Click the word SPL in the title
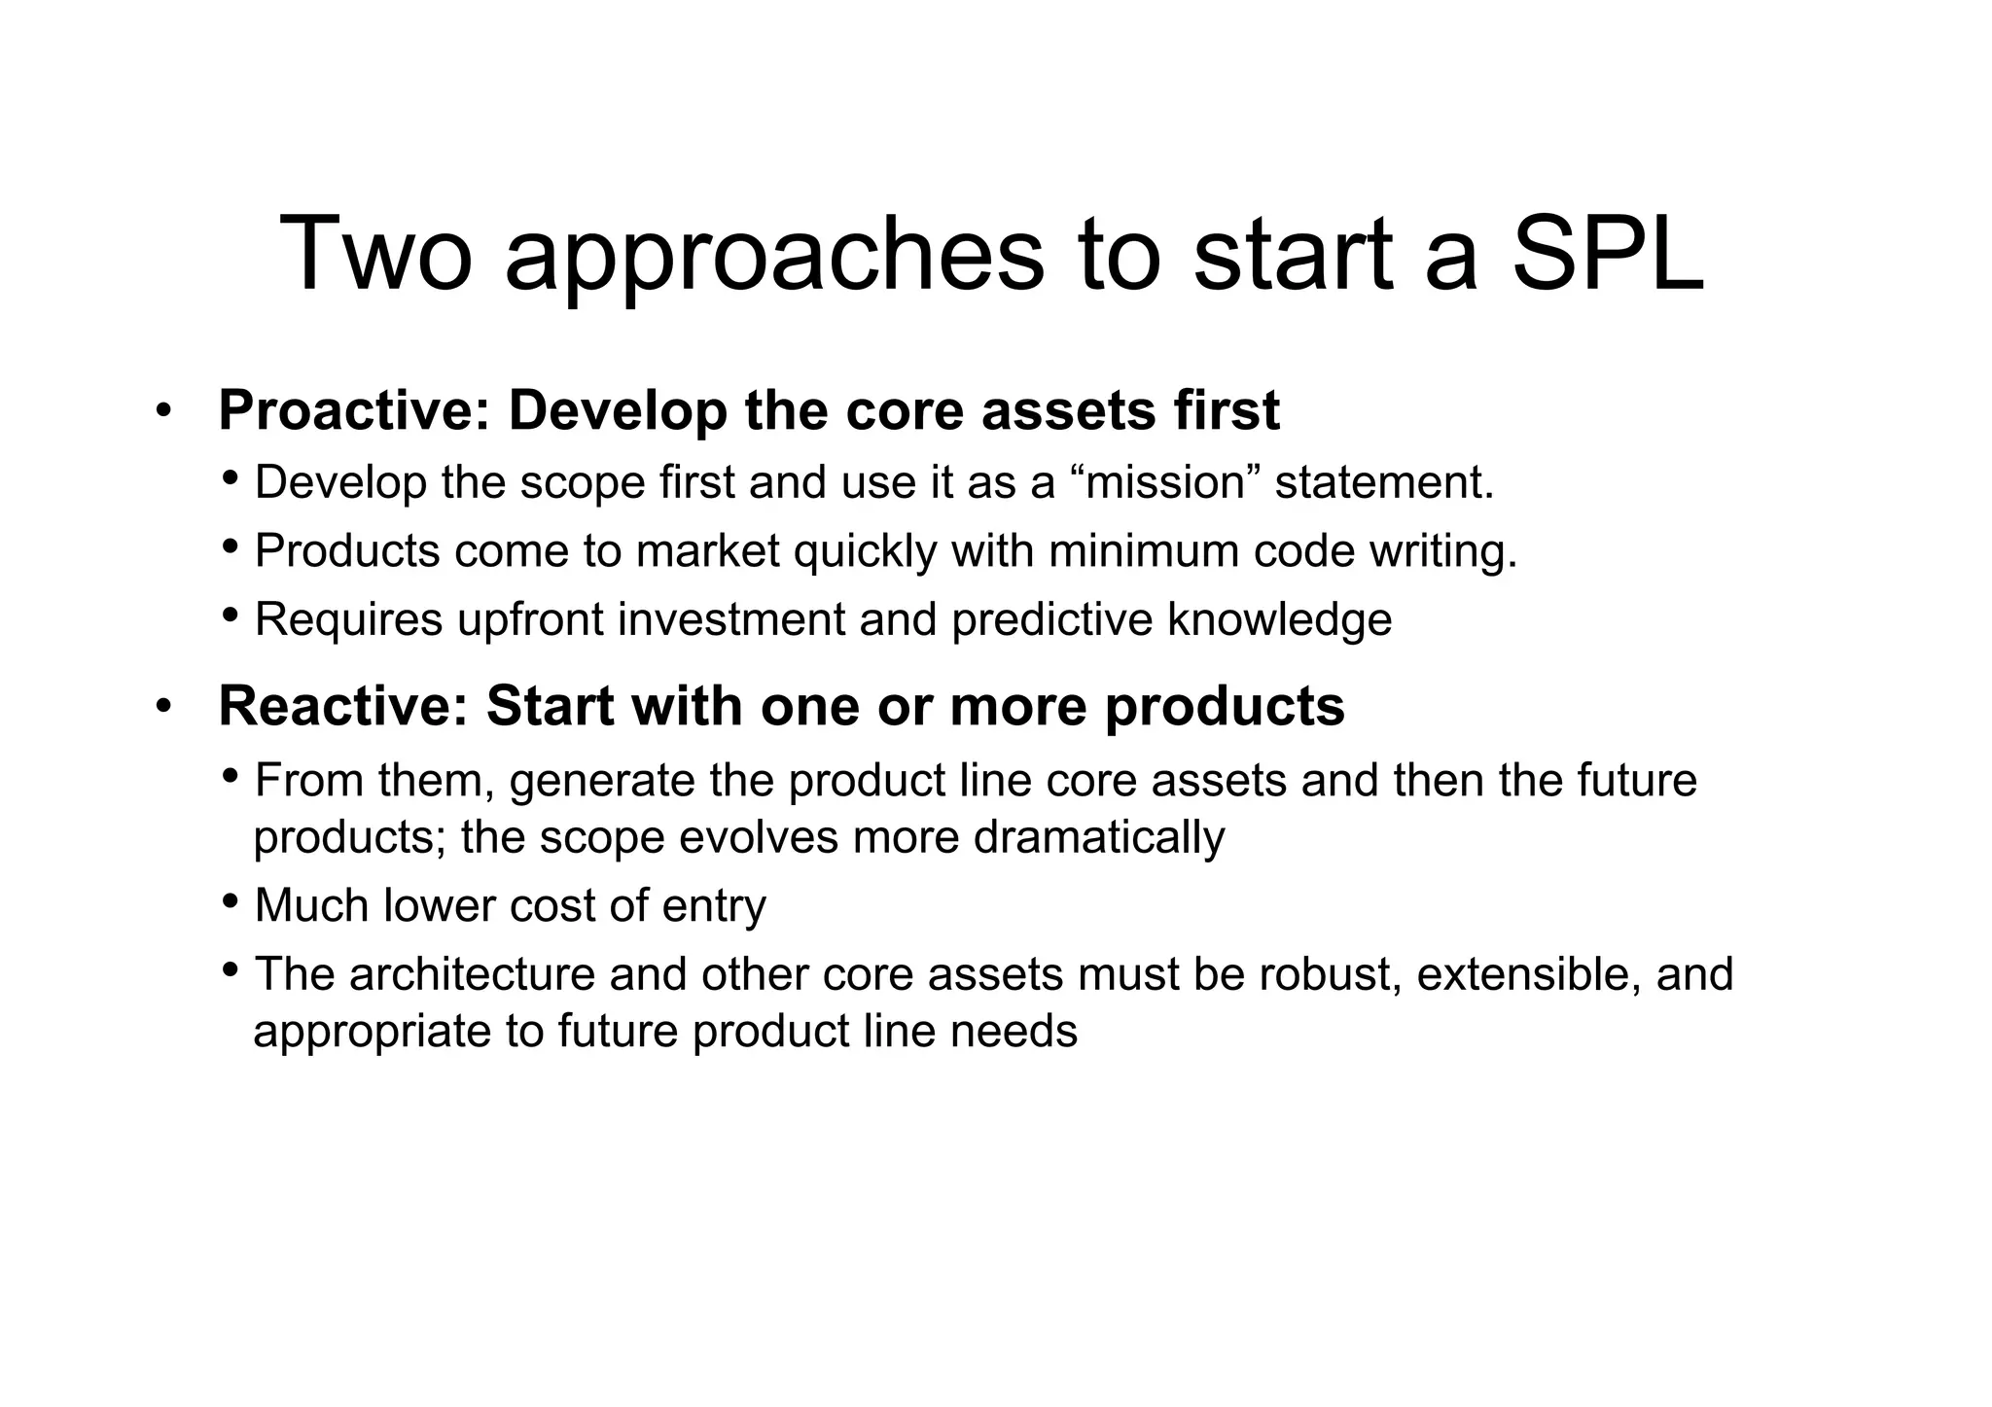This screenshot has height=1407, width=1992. pyautogui.click(x=1606, y=255)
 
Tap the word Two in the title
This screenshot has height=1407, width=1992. pyautogui.click(x=375, y=255)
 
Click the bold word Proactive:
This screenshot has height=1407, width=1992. pyautogui.click(x=354, y=410)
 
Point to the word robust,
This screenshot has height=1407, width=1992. pyautogui.click(x=1331, y=974)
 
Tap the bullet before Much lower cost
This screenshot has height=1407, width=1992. pyautogui.click(x=230, y=900)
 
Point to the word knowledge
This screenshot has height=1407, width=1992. pyautogui.click(x=1279, y=620)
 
